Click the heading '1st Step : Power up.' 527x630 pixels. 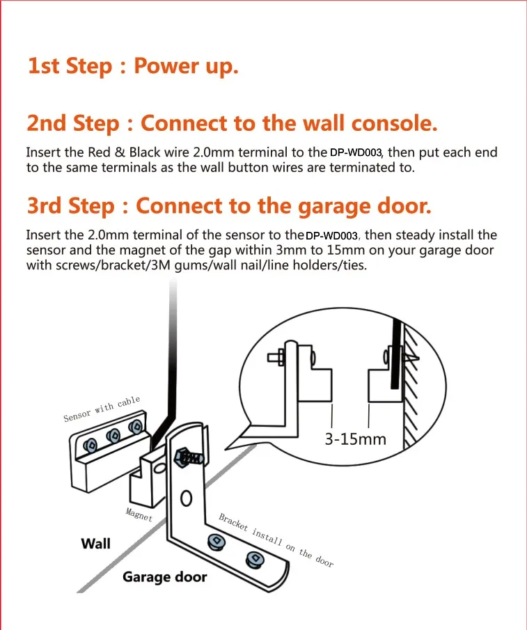(x=132, y=66)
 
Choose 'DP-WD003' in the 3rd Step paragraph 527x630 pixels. (x=333, y=236)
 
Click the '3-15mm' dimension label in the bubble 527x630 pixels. (x=355, y=439)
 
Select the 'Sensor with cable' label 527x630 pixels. (x=102, y=409)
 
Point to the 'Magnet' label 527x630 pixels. (x=139, y=515)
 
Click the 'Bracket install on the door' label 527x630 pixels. (x=276, y=540)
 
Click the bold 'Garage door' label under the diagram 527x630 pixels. (x=164, y=577)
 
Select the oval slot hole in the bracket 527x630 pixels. (x=185, y=499)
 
